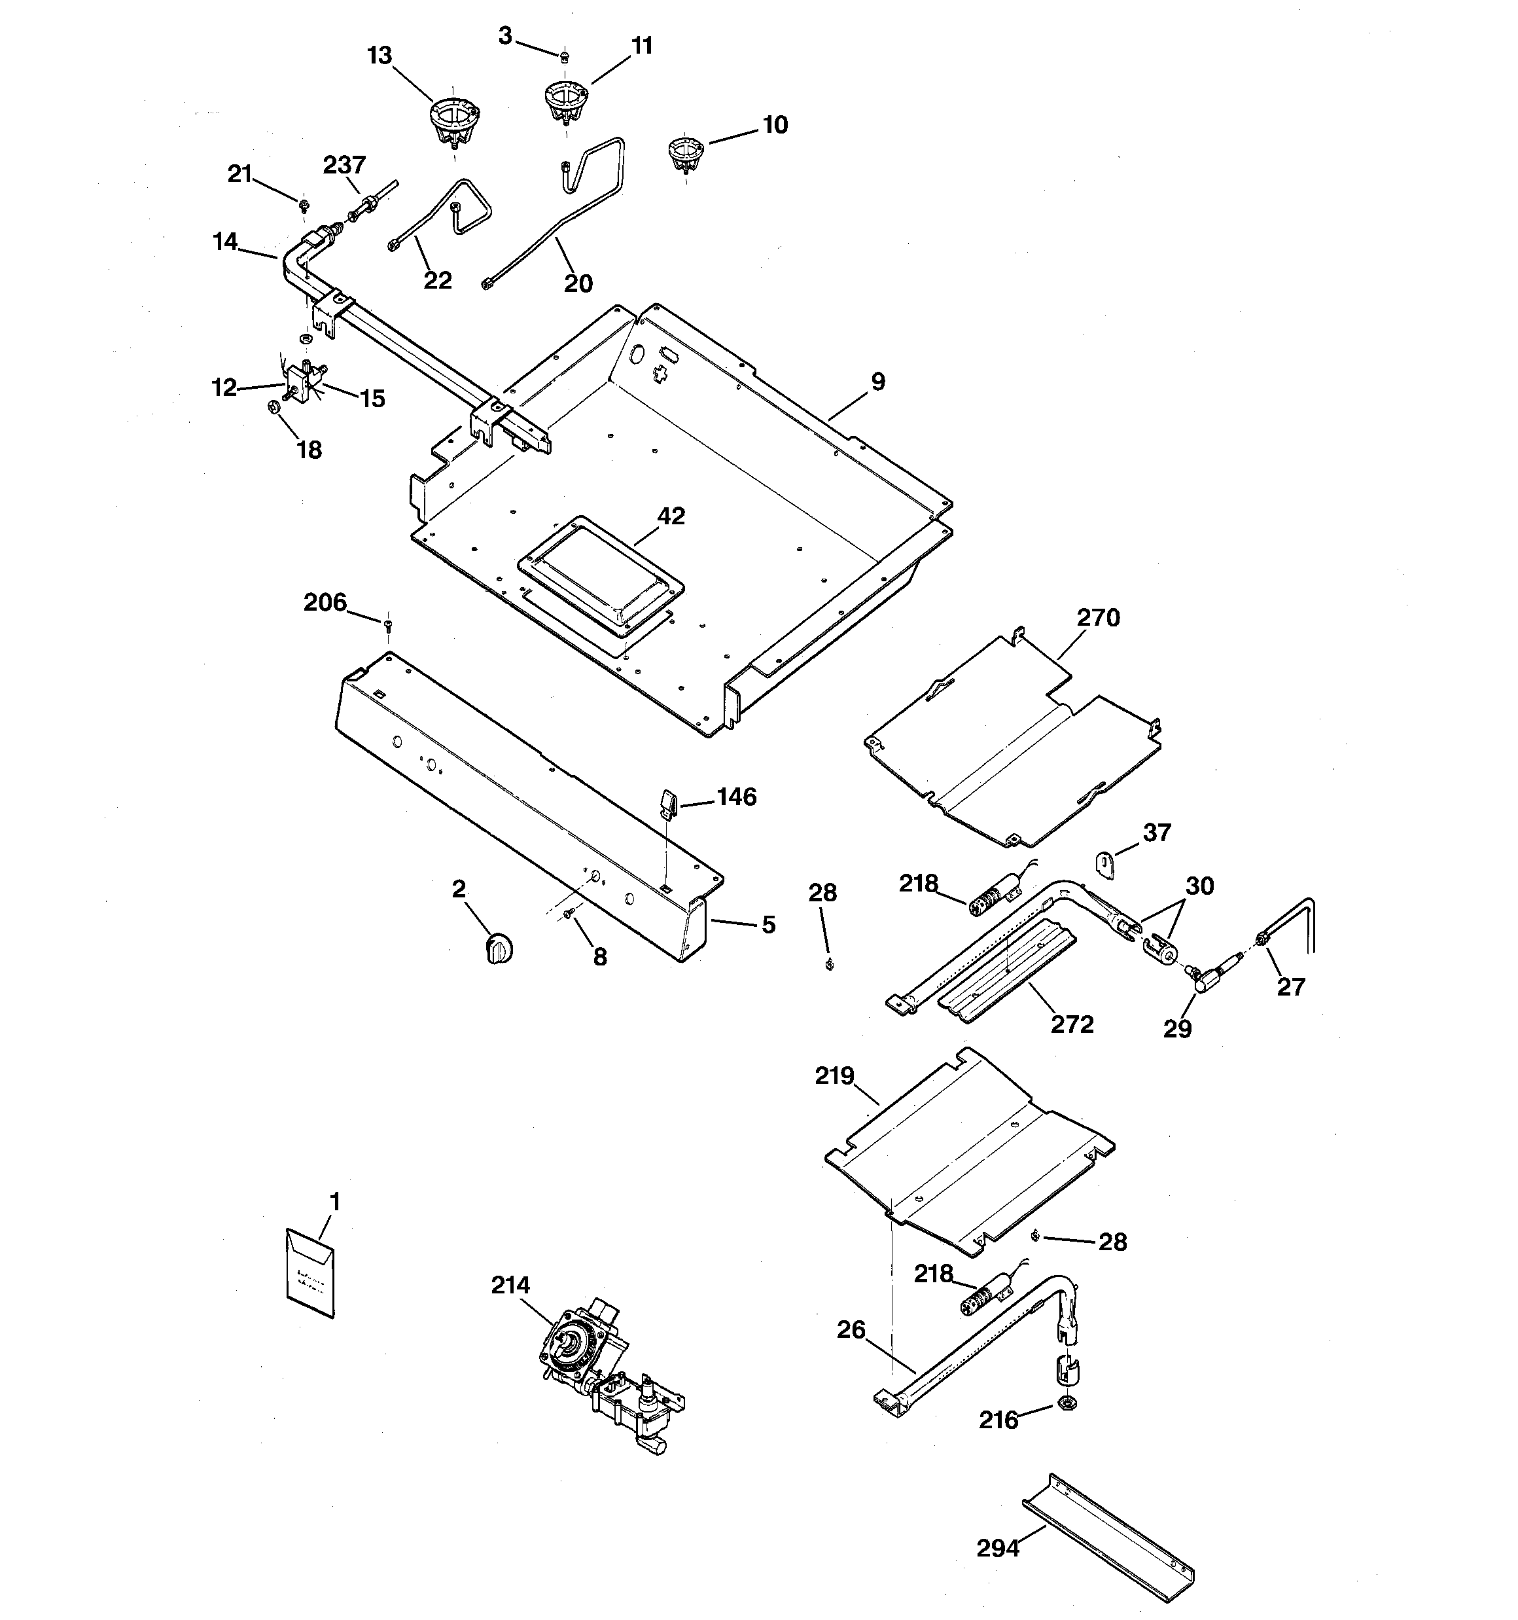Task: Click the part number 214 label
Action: (x=510, y=1285)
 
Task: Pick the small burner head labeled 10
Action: (x=684, y=154)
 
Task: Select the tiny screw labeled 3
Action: (x=564, y=56)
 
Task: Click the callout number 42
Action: (x=671, y=516)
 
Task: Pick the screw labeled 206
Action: (x=388, y=625)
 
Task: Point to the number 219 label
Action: (x=834, y=1075)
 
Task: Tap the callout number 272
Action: (x=1072, y=1024)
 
